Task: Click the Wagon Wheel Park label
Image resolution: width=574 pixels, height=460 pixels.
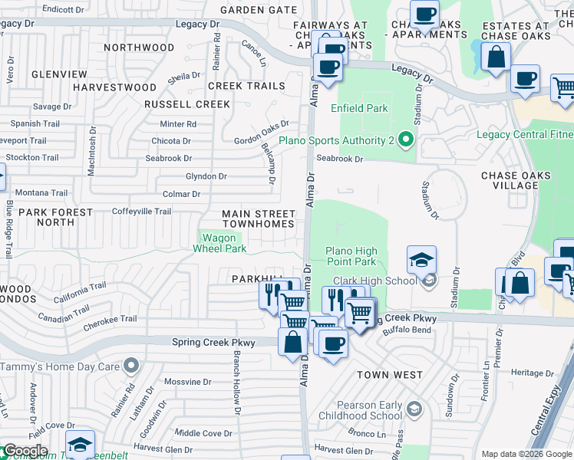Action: (219, 243)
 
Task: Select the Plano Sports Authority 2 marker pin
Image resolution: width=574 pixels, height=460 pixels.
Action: (406, 140)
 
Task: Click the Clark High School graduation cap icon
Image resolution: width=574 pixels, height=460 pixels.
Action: (421, 261)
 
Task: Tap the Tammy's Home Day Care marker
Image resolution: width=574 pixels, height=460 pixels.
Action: (131, 366)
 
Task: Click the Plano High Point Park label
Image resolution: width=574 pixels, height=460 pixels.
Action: (351, 256)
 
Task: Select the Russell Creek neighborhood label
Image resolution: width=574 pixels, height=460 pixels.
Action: (187, 104)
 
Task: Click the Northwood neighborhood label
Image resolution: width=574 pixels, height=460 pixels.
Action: (139, 48)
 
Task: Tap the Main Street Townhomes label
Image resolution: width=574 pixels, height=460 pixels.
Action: (258, 219)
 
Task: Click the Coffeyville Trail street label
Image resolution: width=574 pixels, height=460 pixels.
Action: (141, 212)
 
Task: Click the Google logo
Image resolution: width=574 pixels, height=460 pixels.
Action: (25, 451)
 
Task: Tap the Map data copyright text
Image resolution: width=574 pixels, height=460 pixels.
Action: (526, 454)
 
